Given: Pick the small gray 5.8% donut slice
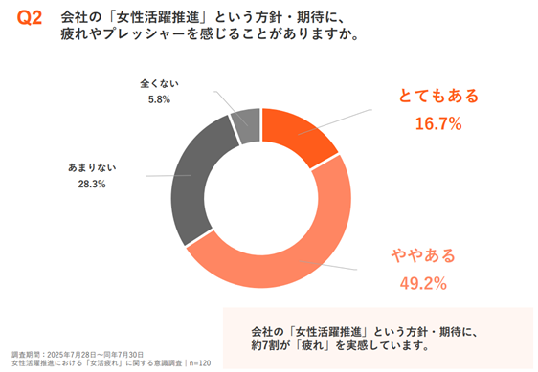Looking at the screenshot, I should (x=245, y=123).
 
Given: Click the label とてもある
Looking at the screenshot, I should (x=437, y=97).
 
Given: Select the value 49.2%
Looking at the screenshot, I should (x=422, y=282).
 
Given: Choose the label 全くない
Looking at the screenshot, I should (x=158, y=82).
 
